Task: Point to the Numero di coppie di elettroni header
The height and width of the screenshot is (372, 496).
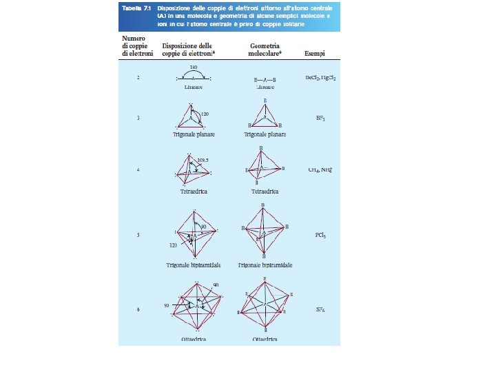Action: click(x=135, y=45)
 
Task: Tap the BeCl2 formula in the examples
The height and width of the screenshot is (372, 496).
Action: click(x=314, y=79)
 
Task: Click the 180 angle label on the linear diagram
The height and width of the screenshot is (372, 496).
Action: click(x=194, y=67)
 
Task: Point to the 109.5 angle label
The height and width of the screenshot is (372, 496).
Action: click(x=203, y=160)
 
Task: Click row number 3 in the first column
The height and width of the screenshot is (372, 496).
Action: click(x=138, y=118)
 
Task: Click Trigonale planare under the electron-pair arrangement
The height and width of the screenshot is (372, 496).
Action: click(x=194, y=134)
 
